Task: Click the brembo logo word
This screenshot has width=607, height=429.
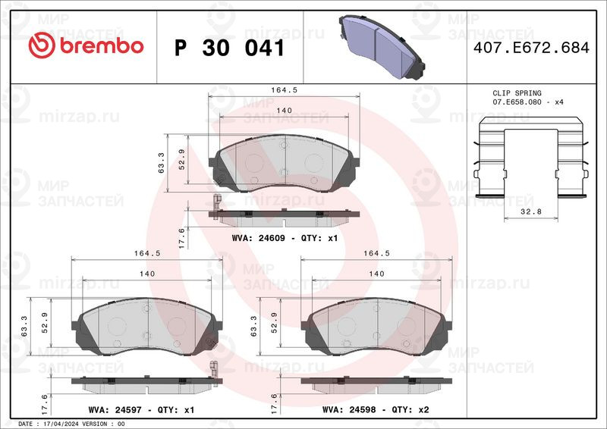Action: point(102,46)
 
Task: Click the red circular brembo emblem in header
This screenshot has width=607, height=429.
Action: point(42,45)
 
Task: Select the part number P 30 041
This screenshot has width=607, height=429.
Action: point(230,49)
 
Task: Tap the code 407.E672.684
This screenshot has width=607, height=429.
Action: point(531,48)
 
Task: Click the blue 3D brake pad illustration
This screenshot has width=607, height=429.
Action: point(382,47)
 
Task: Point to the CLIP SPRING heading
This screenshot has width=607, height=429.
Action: point(517,92)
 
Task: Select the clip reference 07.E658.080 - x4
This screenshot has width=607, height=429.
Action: point(527,102)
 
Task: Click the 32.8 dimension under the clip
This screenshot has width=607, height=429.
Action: point(530,211)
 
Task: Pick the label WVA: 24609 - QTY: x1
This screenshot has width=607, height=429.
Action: point(285,238)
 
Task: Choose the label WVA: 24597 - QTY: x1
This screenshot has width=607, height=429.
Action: point(141,409)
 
